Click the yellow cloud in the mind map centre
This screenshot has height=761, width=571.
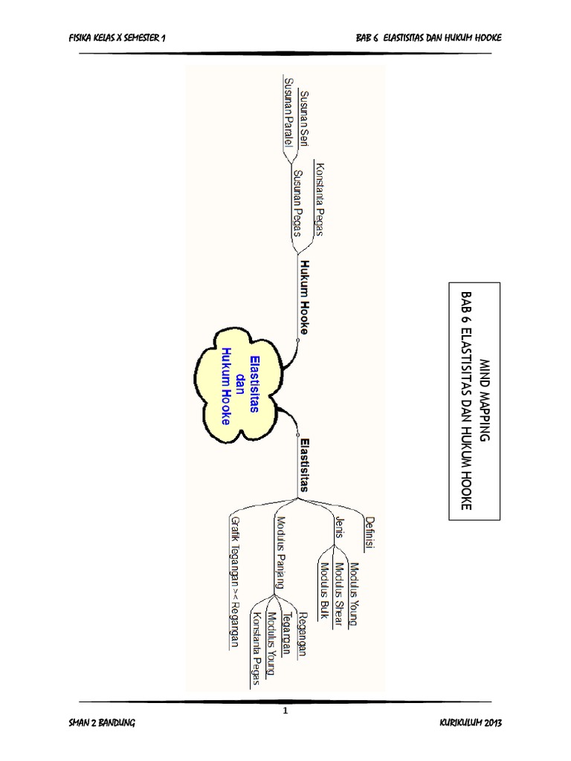point(239,386)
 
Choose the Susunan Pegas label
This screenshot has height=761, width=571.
point(297,202)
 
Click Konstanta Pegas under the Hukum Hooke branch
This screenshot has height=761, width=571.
point(320,198)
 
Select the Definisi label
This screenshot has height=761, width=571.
point(370,531)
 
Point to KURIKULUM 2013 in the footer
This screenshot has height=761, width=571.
point(471,723)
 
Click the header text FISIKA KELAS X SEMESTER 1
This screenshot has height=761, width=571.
point(115,38)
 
